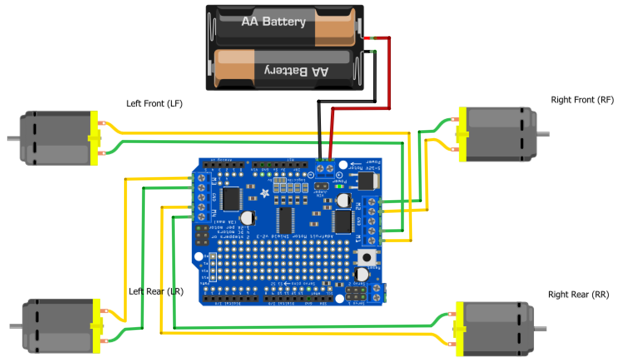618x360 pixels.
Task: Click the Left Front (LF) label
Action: [154, 103]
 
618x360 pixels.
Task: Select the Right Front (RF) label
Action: [582, 100]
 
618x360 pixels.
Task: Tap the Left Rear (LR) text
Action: [156, 291]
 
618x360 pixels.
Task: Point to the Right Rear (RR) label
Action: [578, 295]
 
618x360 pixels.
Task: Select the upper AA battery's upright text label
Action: [273, 21]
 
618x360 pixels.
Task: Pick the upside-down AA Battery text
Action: [296, 72]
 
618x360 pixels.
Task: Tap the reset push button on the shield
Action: [367, 258]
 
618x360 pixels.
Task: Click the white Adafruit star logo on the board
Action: [265, 193]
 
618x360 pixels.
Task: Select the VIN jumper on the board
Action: [321, 186]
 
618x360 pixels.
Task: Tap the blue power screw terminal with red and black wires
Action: [325, 169]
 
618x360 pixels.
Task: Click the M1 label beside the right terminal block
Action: [358, 238]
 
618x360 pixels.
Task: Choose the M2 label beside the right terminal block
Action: [358, 206]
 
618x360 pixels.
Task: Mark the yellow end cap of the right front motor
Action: [462, 134]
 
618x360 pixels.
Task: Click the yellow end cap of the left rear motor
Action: [97, 326]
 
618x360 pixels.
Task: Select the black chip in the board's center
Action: [285, 220]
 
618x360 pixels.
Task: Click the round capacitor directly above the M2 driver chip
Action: [343, 200]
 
